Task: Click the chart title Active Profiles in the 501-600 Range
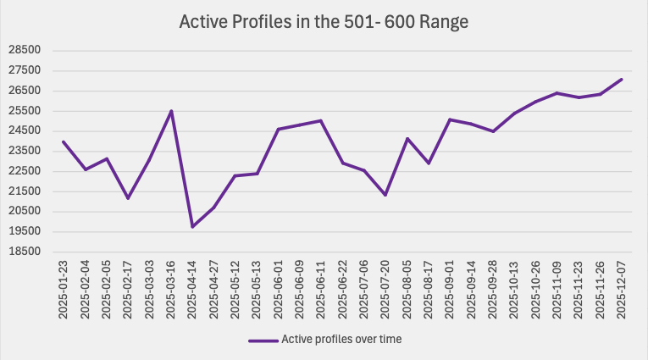(324, 22)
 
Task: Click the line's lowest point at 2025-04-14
(192, 226)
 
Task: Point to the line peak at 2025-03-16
(171, 111)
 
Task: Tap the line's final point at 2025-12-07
(621, 80)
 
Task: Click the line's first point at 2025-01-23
(64, 142)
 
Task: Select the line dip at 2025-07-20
(385, 195)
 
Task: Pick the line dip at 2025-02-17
(128, 198)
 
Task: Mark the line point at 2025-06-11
(321, 120)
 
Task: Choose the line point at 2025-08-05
(407, 139)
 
